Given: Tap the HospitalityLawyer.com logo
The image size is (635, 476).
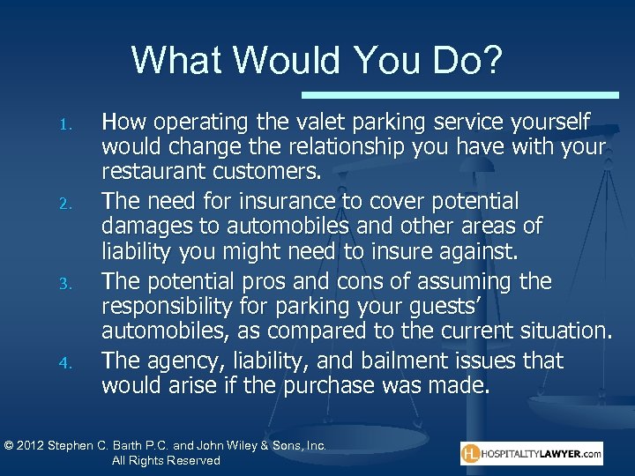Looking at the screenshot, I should tap(532, 454).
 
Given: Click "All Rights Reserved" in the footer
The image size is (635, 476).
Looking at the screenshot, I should tap(166, 461).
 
